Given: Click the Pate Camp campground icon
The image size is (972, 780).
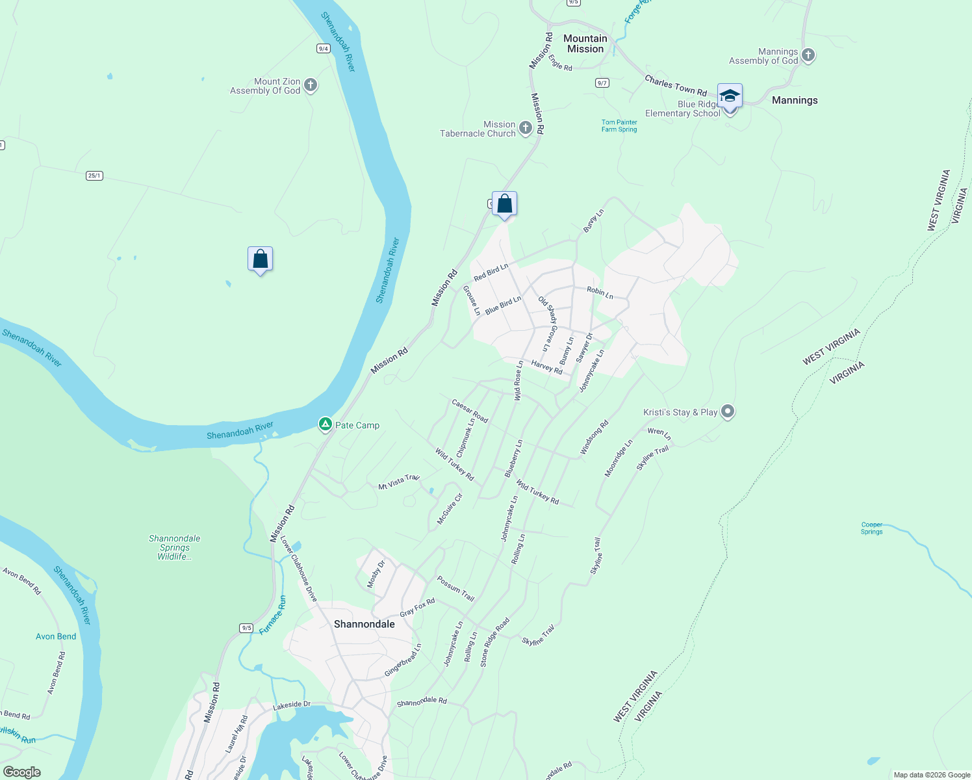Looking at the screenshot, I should [x=325, y=425].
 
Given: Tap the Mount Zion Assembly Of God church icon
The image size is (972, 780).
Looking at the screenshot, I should [x=311, y=85].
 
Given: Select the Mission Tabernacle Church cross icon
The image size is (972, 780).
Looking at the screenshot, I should [x=526, y=128].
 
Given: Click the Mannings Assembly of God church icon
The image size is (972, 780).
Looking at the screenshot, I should [x=808, y=55].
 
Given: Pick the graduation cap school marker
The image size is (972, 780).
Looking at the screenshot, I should [x=730, y=96].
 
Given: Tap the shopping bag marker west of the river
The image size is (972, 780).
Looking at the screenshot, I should [x=260, y=259].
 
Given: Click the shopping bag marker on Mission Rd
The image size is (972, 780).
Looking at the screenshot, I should [x=504, y=204].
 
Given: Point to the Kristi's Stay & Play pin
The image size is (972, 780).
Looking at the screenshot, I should [x=728, y=411].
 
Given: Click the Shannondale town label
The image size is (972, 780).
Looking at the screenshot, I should [x=364, y=624].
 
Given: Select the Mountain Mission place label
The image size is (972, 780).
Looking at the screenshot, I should [x=585, y=44].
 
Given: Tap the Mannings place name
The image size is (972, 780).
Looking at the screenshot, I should [x=795, y=100].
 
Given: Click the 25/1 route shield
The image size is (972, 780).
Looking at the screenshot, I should [x=94, y=175].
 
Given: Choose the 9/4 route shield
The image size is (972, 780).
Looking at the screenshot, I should [x=323, y=49].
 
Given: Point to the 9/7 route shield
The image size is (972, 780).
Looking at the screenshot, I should [x=602, y=83].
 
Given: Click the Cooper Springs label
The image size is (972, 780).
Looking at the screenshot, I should [x=871, y=528].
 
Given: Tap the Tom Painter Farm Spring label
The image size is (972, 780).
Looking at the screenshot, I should [x=619, y=125].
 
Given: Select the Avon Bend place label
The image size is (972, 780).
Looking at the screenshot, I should [x=56, y=636].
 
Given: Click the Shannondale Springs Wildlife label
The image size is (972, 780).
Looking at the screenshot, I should [x=174, y=547].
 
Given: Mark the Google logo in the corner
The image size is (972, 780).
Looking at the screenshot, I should [x=22, y=772].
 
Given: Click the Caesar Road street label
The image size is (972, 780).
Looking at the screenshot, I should [x=469, y=411].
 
